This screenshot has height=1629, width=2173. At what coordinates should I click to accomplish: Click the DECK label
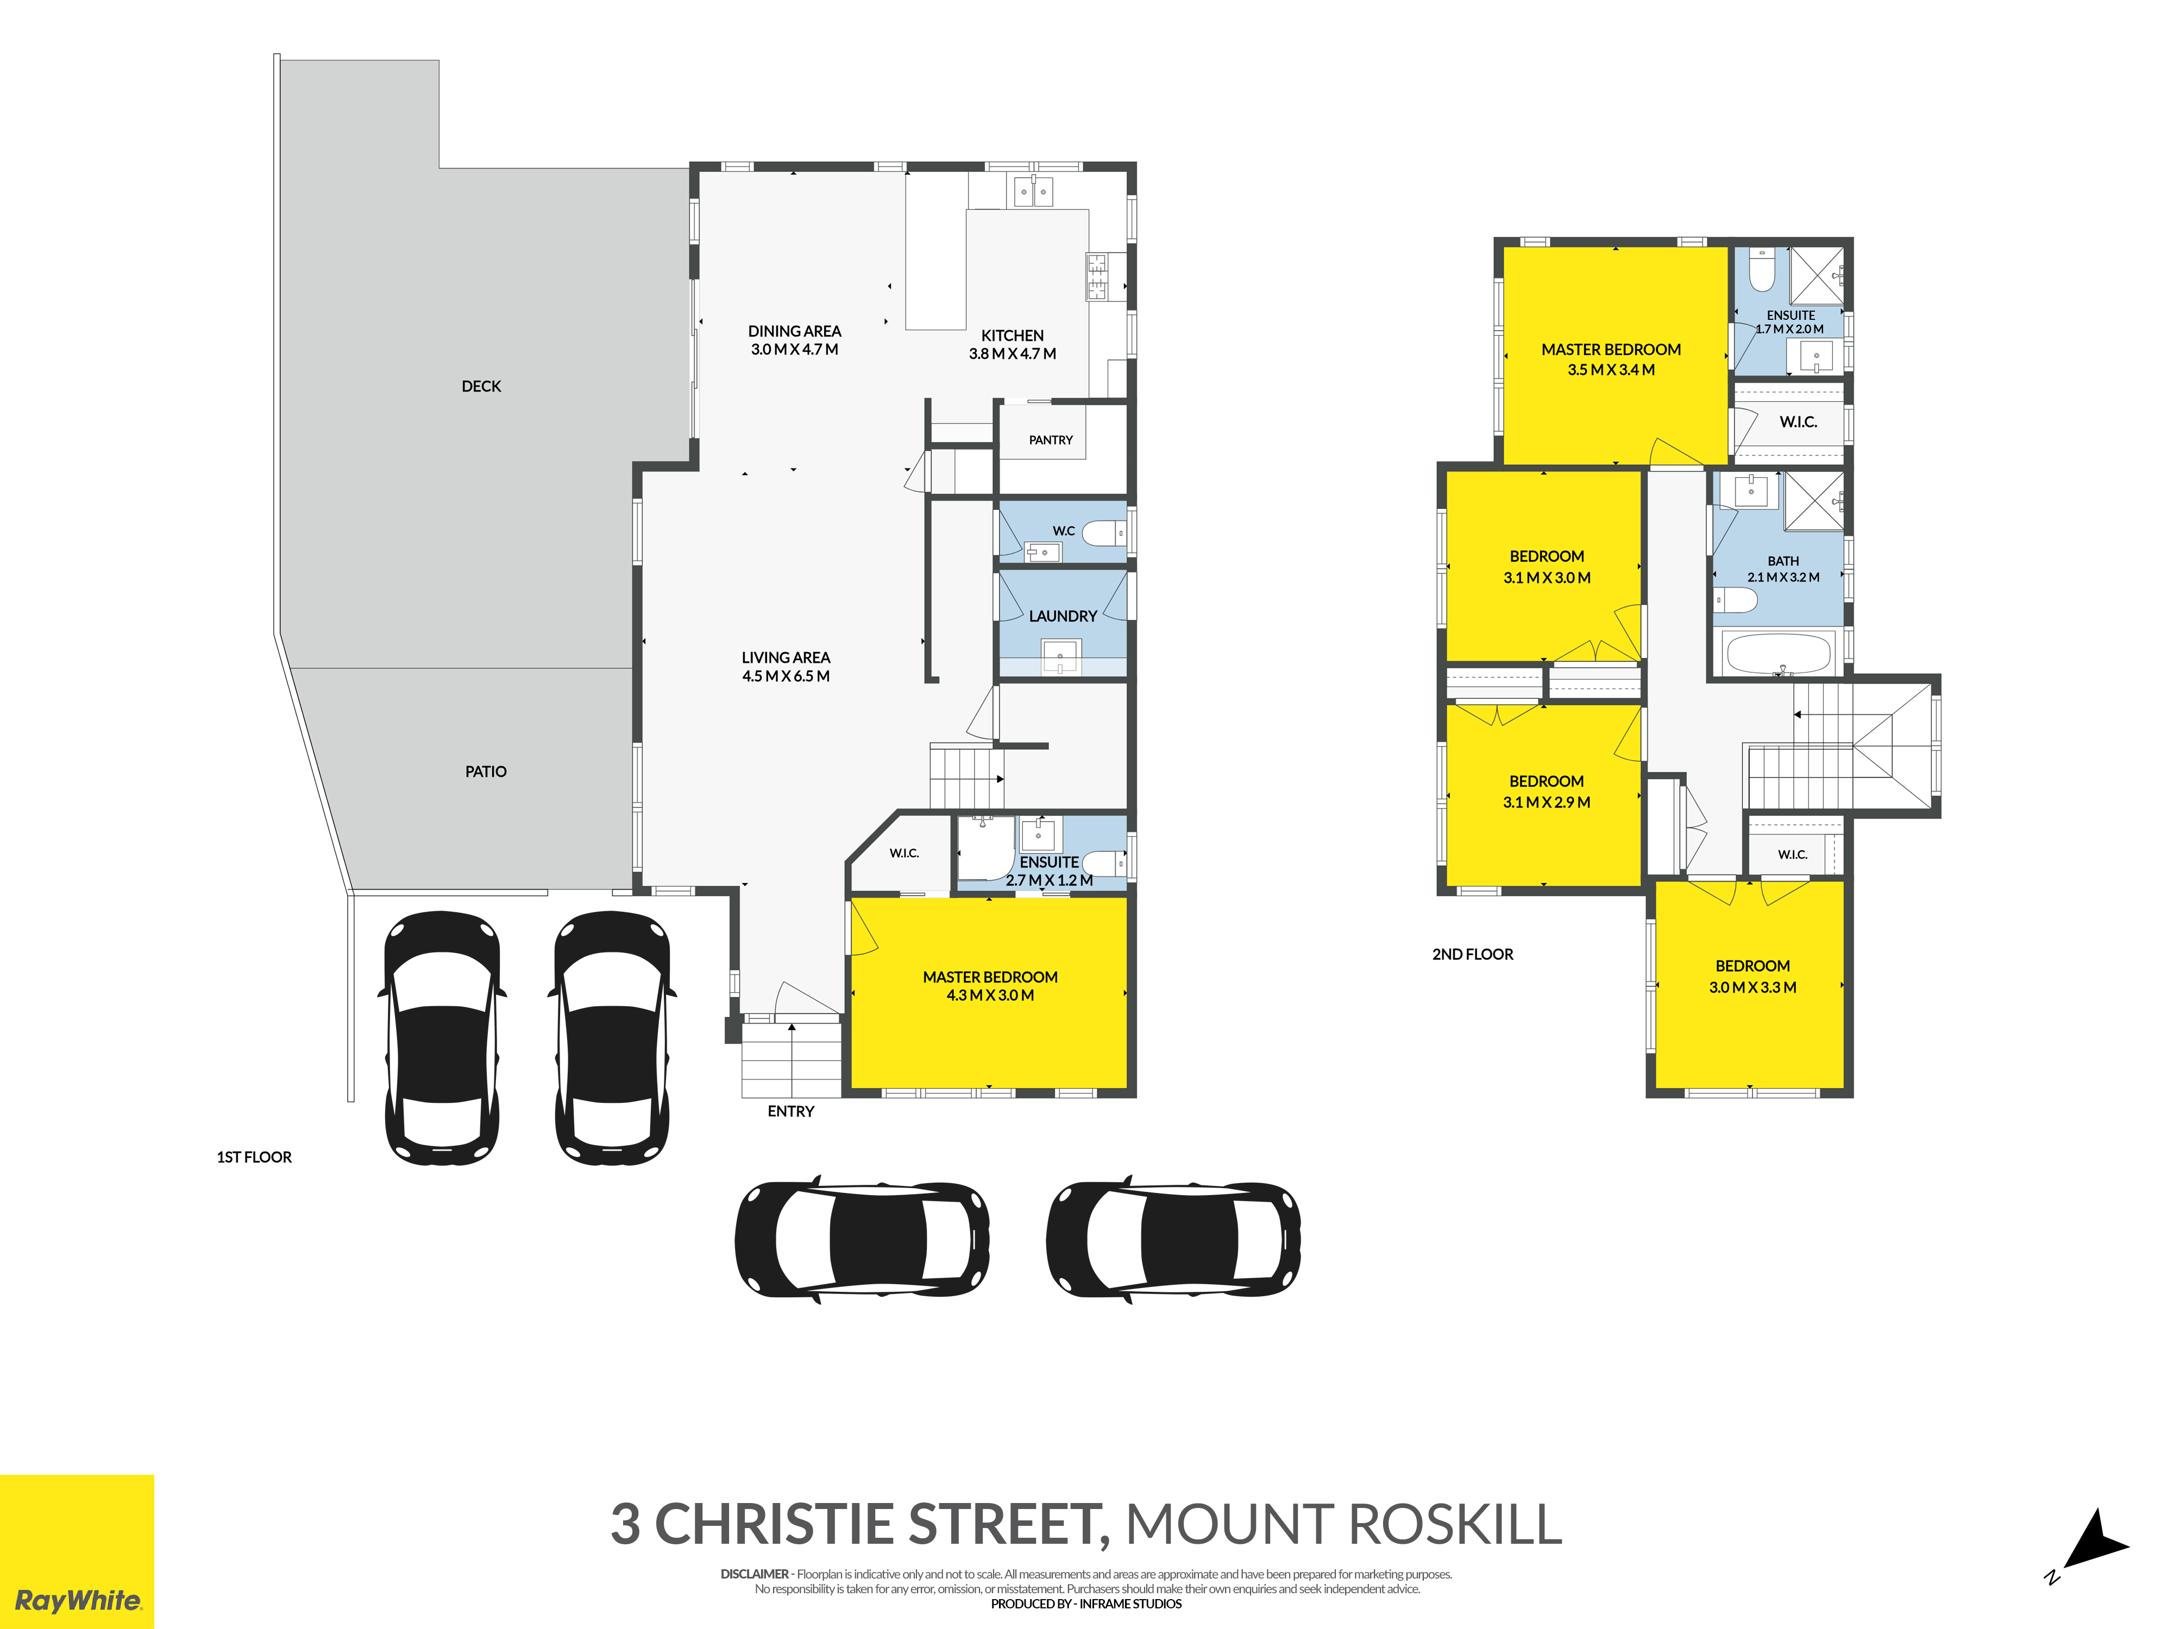click(x=481, y=387)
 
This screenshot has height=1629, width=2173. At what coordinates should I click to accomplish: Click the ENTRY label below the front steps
click(x=791, y=1112)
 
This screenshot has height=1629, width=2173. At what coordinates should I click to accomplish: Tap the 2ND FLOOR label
click(x=1473, y=955)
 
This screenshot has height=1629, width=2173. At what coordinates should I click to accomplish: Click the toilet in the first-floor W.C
click(x=1104, y=533)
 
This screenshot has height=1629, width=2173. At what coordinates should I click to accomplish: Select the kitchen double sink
click(x=1033, y=192)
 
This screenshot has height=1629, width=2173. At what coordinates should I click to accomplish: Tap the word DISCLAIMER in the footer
click(x=755, y=1574)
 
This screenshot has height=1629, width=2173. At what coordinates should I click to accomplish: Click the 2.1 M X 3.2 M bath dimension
click(x=1783, y=577)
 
